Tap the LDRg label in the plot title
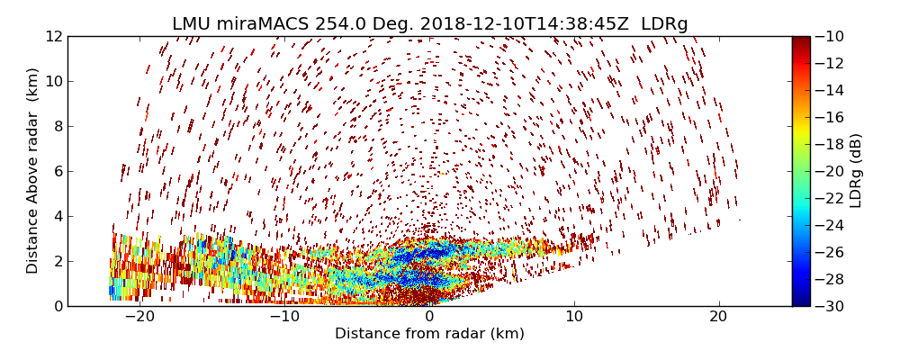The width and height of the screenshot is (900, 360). [x=664, y=24]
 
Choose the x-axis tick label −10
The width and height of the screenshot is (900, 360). [x=284, y=317]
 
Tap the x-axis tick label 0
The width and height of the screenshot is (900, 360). [x=429, y=317]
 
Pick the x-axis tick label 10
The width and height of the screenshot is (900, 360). [x=574, y=317]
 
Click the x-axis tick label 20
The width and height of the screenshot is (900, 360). [x=718, y=317]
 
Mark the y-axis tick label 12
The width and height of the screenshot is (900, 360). [x=53, y=36]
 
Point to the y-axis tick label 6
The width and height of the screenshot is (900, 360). [x=57, y=171]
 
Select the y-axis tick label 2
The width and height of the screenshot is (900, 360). [x=57, y=261]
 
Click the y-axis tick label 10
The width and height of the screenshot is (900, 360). [x=53, y=81]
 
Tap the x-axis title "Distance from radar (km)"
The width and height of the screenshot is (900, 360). [x=429, y=334]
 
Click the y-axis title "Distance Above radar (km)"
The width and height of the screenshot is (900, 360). [x=33, y=170]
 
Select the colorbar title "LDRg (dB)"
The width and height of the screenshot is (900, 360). [x=856, y=171]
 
